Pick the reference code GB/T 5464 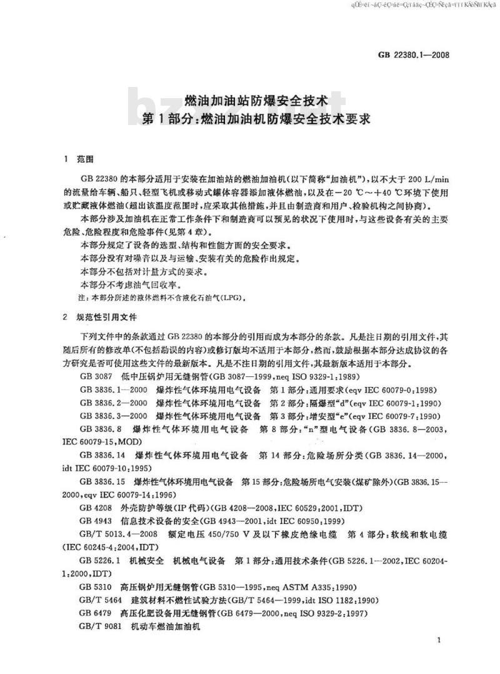pyautogui.click(x=99, y=602)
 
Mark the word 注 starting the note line pyautogui.click(x=77, y=298)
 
